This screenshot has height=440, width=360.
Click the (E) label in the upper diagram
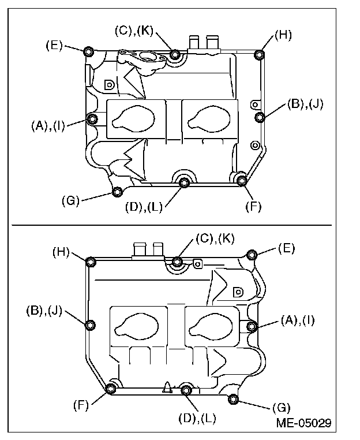(54, 46)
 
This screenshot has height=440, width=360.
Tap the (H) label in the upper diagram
(283, 35)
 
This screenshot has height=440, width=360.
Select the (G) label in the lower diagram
(282, 408)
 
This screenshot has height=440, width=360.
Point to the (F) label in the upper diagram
(253, 207)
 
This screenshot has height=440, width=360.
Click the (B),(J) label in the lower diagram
(44, 311)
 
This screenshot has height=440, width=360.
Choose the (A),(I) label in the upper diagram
(48, 126)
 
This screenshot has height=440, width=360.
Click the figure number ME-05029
(303, 423)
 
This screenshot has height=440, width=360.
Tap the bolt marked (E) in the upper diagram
(89, 51)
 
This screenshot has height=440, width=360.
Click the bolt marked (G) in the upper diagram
(117, 192)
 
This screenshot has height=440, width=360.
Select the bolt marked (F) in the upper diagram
(242, 181)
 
